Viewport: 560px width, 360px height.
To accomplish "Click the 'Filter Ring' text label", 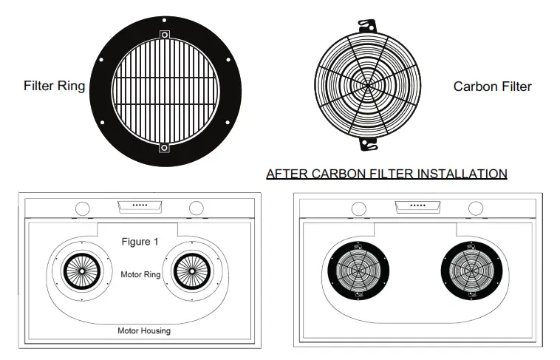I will pos(54,86).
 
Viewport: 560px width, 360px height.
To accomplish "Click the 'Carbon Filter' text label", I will pos(492,86).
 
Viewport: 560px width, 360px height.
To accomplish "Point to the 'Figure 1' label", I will pos(140,242).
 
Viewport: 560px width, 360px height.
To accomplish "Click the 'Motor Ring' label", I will pos(140,274).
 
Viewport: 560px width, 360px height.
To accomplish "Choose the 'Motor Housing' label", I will pos(144,330).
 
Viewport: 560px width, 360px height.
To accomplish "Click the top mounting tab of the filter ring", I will pos(164,35).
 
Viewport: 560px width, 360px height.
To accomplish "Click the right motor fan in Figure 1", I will pos(192,273).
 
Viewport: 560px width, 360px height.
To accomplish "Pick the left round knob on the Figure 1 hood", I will pos(83,208).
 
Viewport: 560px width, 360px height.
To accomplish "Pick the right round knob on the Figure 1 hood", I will pos(196,208).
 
